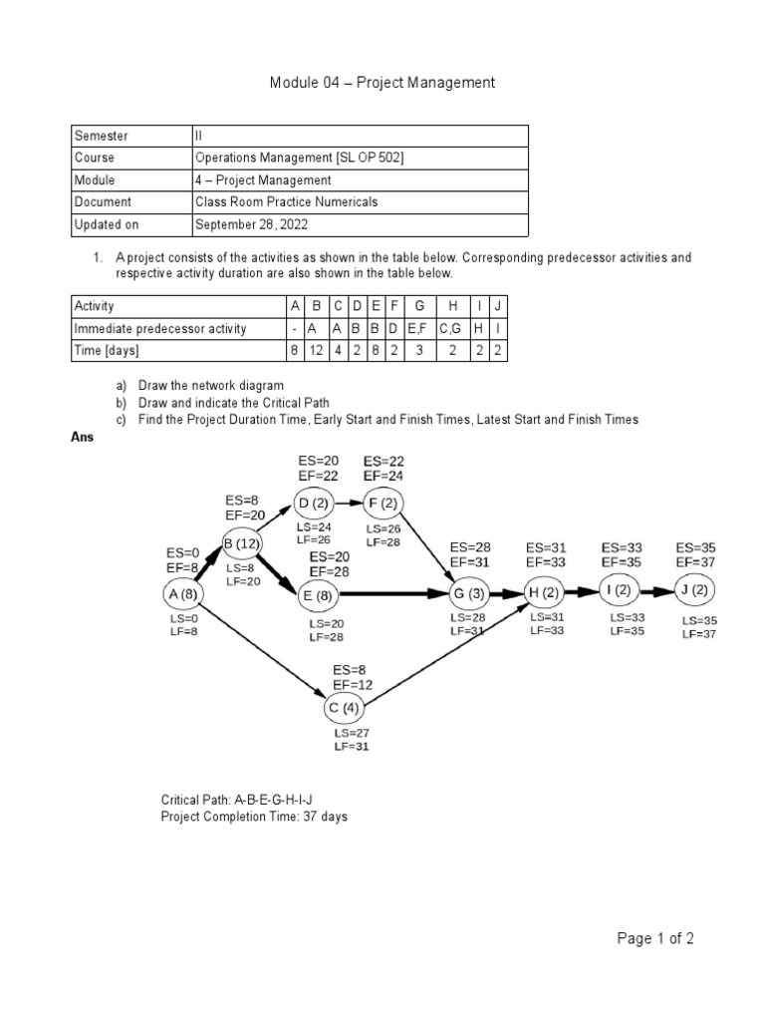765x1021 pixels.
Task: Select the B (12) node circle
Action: tap(241, 542)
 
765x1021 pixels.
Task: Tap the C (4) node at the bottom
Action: tap(345, 709)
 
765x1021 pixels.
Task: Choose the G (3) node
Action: tap(471, 594)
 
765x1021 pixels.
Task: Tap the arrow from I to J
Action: tap(657, 589)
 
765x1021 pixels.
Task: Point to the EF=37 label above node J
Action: tap(696, 562)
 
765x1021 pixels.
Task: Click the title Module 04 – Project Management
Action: tap(382, 83)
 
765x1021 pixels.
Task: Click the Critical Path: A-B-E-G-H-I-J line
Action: tap(244, 801)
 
